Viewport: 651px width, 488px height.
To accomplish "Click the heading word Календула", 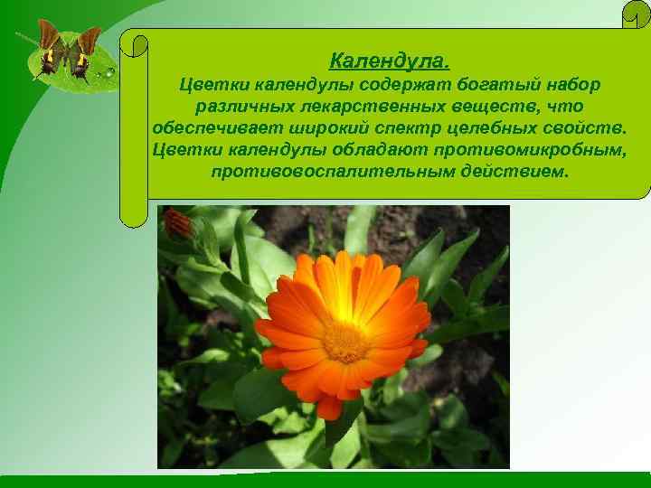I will [x=389, y=62].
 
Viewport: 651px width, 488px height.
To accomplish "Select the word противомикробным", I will [x=524, y=149].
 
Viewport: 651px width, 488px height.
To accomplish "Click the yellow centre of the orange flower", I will [x=345, y=342].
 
